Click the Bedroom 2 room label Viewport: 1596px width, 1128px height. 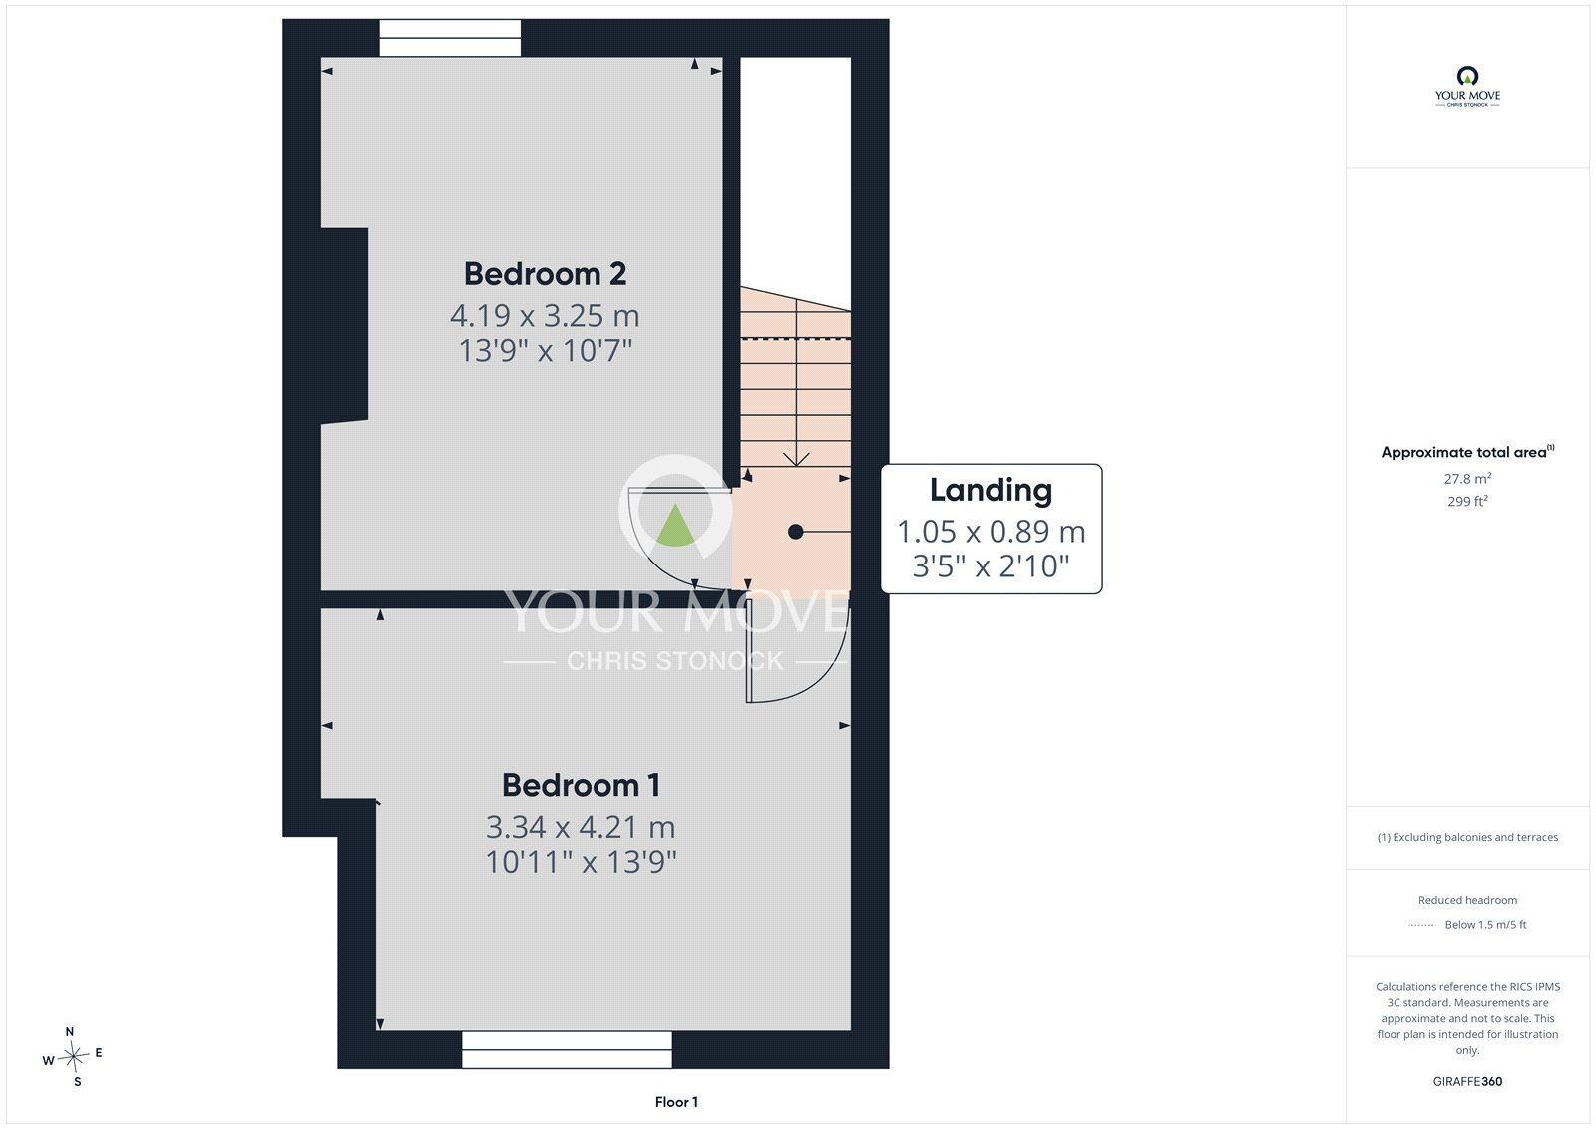coord(545,274)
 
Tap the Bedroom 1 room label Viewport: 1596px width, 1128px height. coord(581,785)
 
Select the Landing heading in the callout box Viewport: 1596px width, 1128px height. coord(992,491)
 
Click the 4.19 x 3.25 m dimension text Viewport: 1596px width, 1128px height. coord(545,316)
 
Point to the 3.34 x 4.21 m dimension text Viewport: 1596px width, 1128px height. coord(581,827)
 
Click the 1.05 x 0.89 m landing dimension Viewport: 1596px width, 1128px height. coord(992,532)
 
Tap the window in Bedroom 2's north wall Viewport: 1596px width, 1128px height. coord(450,38)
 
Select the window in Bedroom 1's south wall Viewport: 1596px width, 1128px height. coord(568,1049)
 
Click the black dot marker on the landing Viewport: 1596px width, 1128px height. coord(796,532)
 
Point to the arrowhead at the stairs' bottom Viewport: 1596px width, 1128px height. coord(796,460)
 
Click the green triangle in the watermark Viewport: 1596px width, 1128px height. coord(674,526)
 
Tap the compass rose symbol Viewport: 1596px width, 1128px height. coord(74,1057)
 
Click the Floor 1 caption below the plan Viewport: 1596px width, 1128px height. coord(677,1102)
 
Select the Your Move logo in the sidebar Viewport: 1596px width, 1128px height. coord(1467,86)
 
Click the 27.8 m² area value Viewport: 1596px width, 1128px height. coord(1467,479)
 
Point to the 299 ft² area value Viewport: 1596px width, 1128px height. coord(1467,501)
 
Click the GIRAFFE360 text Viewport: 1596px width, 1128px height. coord(1467,1082)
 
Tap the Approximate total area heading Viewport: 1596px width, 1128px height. coord(1467,452)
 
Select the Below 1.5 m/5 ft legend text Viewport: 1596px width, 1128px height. coord(1485,925)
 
